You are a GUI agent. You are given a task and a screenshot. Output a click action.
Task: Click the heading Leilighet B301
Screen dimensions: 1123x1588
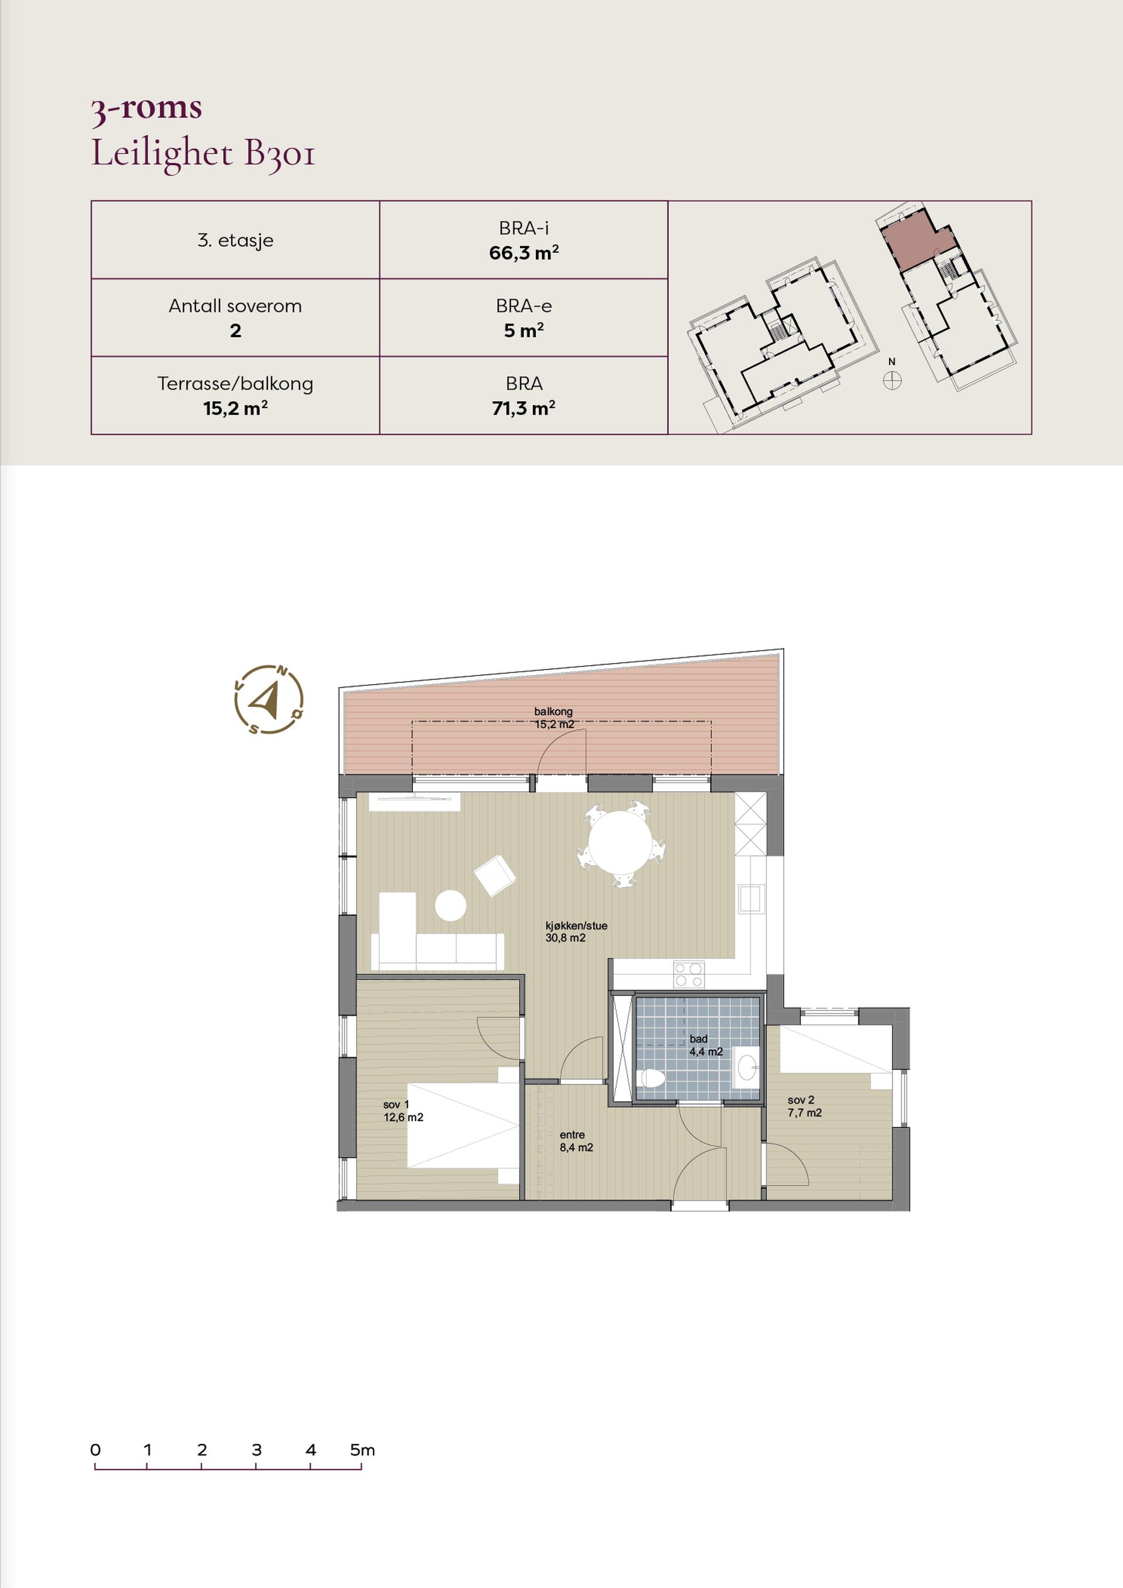tap(204, 154)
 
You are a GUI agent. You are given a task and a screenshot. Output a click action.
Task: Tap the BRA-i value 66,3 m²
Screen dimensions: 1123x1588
tap(524, 253)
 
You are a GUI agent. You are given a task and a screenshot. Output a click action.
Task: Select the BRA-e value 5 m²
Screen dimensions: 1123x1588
tap(524, 330)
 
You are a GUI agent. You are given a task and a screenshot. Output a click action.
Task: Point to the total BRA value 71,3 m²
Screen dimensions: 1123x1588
tap(524, 408)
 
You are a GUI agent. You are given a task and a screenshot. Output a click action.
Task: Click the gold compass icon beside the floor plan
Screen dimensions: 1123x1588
tap(268, 699)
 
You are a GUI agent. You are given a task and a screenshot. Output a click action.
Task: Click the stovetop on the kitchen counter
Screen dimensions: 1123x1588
tap(689, 975)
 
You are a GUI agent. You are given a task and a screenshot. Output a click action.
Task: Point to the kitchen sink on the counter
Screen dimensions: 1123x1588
tap(750, 899)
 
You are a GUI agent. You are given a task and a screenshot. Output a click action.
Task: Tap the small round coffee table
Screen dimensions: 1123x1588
tap(450, 905)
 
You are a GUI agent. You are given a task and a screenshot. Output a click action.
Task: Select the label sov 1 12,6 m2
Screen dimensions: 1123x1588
tap(404, 1111)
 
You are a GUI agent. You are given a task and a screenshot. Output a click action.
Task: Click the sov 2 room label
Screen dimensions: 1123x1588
tap(805, 1107)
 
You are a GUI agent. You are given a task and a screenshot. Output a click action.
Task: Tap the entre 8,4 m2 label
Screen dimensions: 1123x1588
tap(576, 1141)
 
